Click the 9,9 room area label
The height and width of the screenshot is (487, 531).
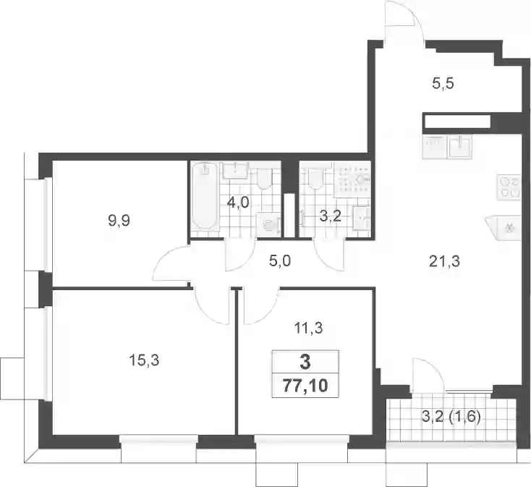pos(119,221)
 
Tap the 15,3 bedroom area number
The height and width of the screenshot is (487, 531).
pos(144,361)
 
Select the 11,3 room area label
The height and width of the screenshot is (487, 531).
pos(308,328)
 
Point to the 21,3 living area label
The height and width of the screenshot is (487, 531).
pos(444,261)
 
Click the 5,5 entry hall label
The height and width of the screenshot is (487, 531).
pos(443,83)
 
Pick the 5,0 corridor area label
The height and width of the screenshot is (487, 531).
pos(280,261)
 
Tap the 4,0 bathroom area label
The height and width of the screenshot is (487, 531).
pos(238,203)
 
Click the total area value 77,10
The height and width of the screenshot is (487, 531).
pos(305,386)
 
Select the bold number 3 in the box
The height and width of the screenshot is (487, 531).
pos(305,362)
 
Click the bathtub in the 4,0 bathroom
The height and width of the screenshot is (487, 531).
pos(204,197)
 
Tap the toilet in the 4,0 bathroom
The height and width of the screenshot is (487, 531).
pos(265,178)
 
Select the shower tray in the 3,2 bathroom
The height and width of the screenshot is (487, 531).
pos(352,179)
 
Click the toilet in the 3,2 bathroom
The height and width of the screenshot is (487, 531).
pos(315,178)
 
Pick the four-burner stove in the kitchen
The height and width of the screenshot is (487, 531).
pos(509,187)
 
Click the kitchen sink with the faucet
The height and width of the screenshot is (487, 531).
pos(459,147)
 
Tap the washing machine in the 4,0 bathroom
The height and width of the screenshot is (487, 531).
pos(268,224)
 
